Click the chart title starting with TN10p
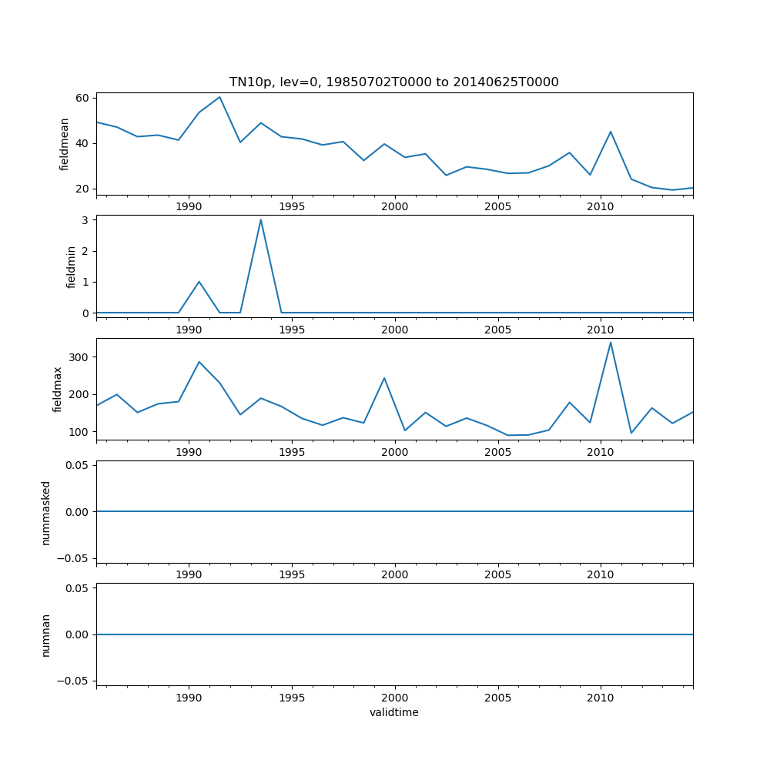point(393,82)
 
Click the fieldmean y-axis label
point(65,144)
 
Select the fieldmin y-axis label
point(72,266)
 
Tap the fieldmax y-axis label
point(57,389)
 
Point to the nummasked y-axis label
point(46,512)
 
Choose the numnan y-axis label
point(46,634)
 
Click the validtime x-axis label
point(393,712)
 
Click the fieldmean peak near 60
point(219,97)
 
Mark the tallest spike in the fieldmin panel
point(260,219)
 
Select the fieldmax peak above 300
point(611,343)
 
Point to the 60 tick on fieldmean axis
point(82,98)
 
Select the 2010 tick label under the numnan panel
point(600,698)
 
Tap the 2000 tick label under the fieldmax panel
point(394,452)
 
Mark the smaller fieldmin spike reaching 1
point(199,282)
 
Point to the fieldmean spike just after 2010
point(611,132)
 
